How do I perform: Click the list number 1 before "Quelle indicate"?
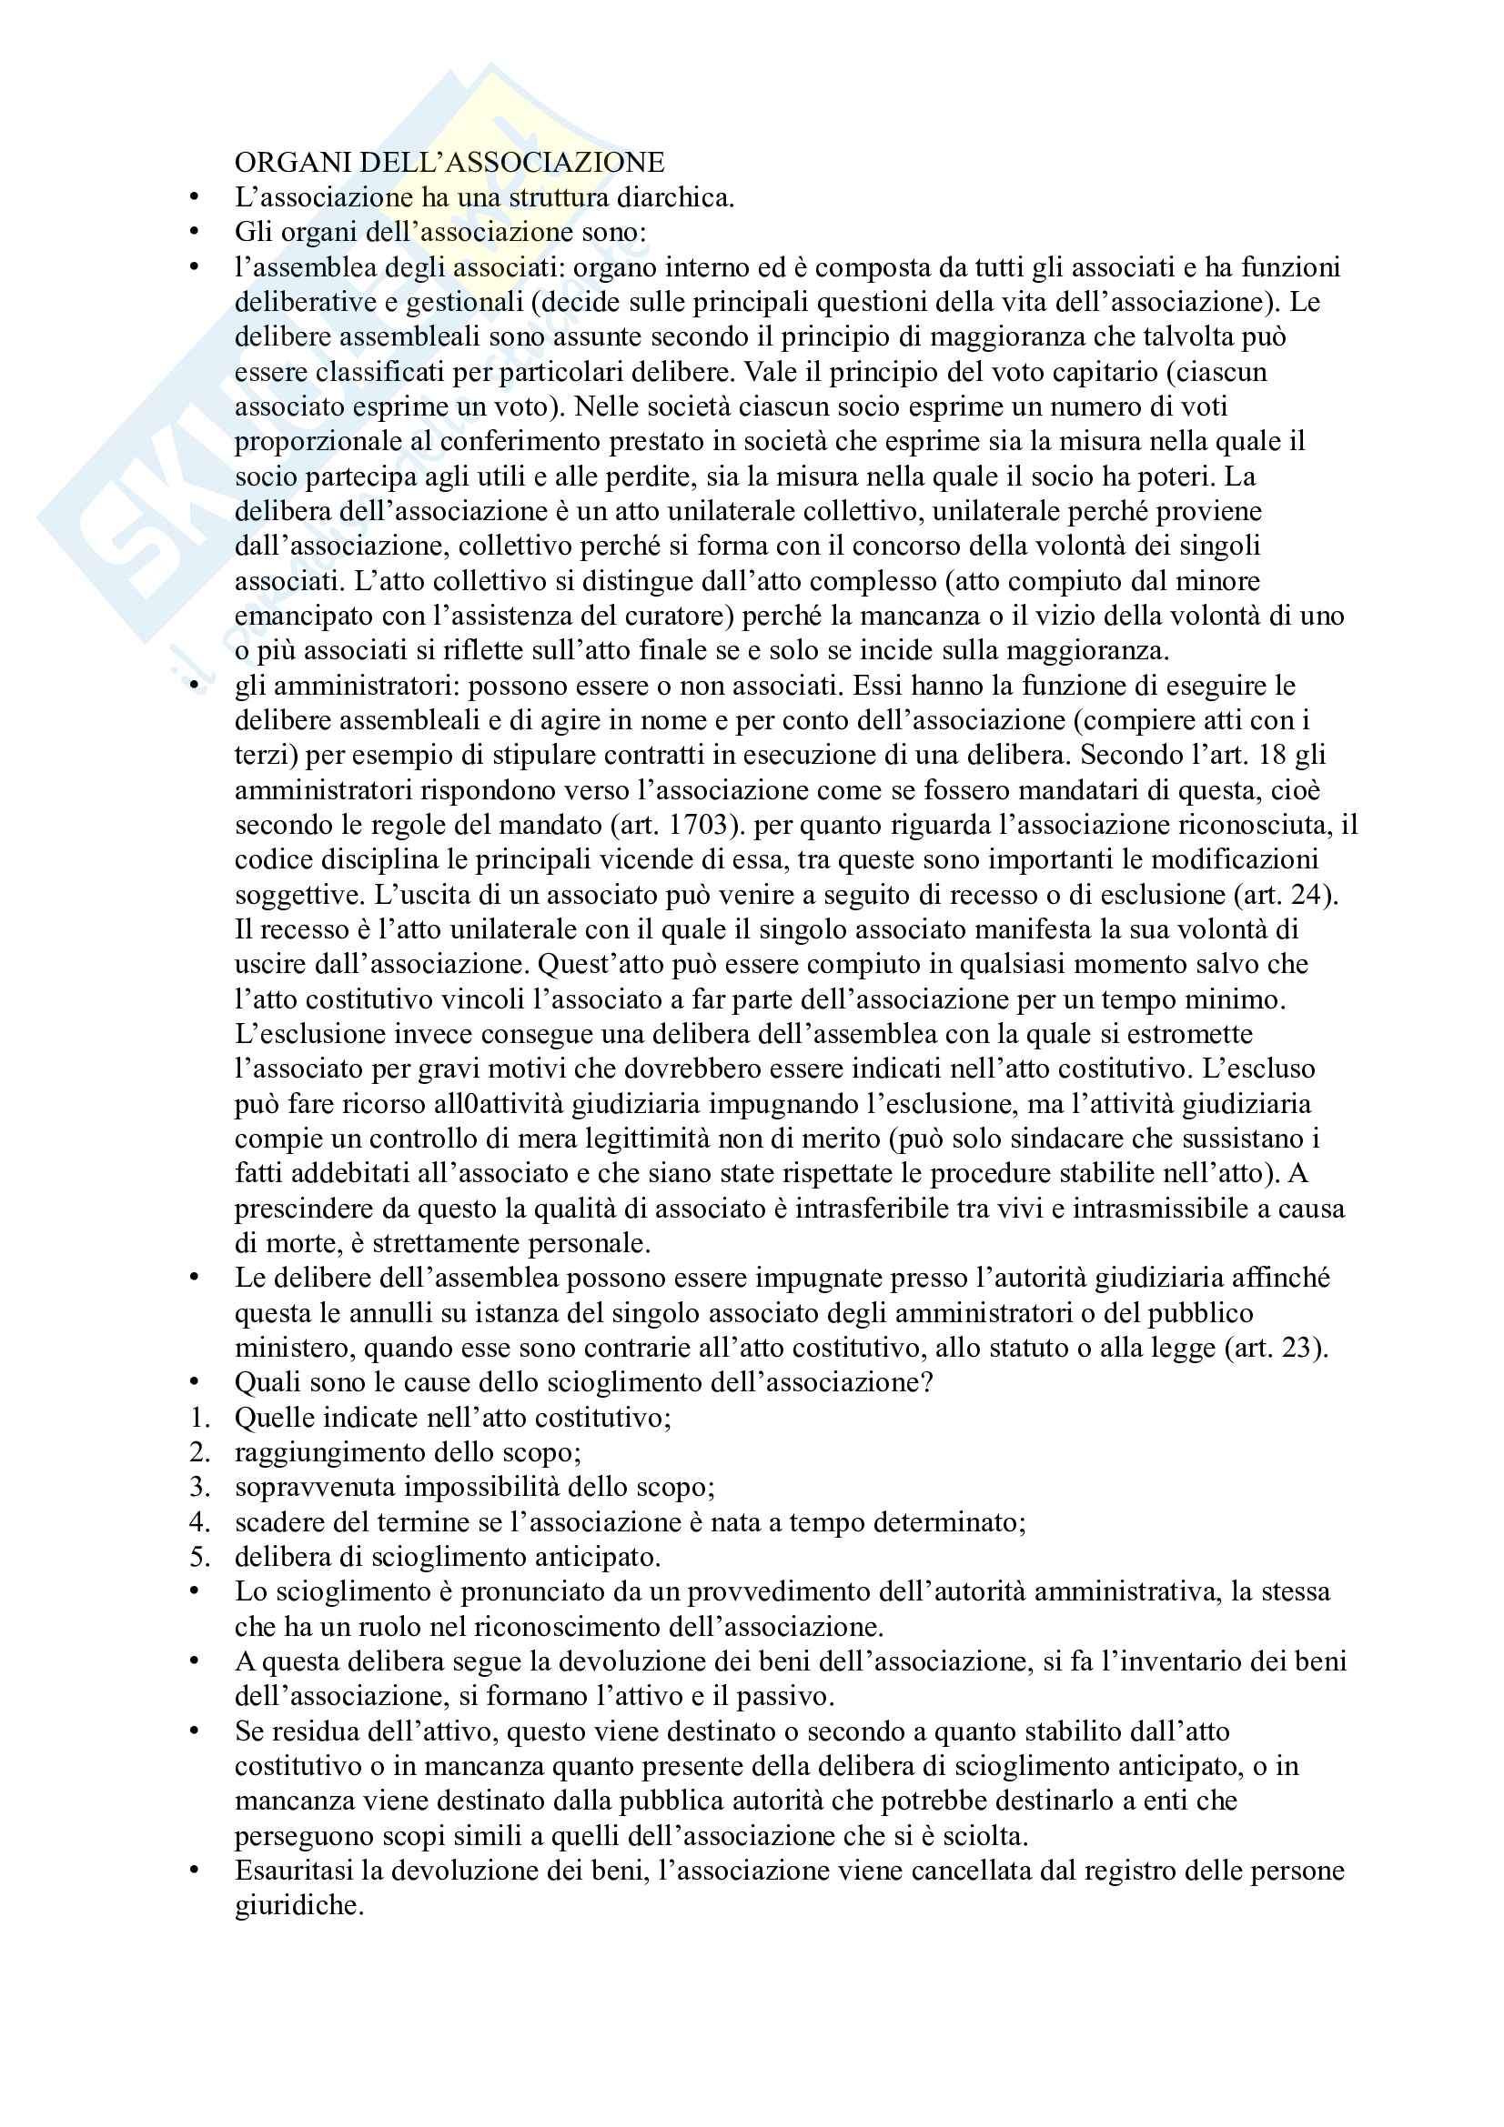197,1418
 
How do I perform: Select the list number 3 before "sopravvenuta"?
197,1487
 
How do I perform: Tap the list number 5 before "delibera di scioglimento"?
197,1556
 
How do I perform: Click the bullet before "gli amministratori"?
194,686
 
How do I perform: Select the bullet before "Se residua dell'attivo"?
194,1731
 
